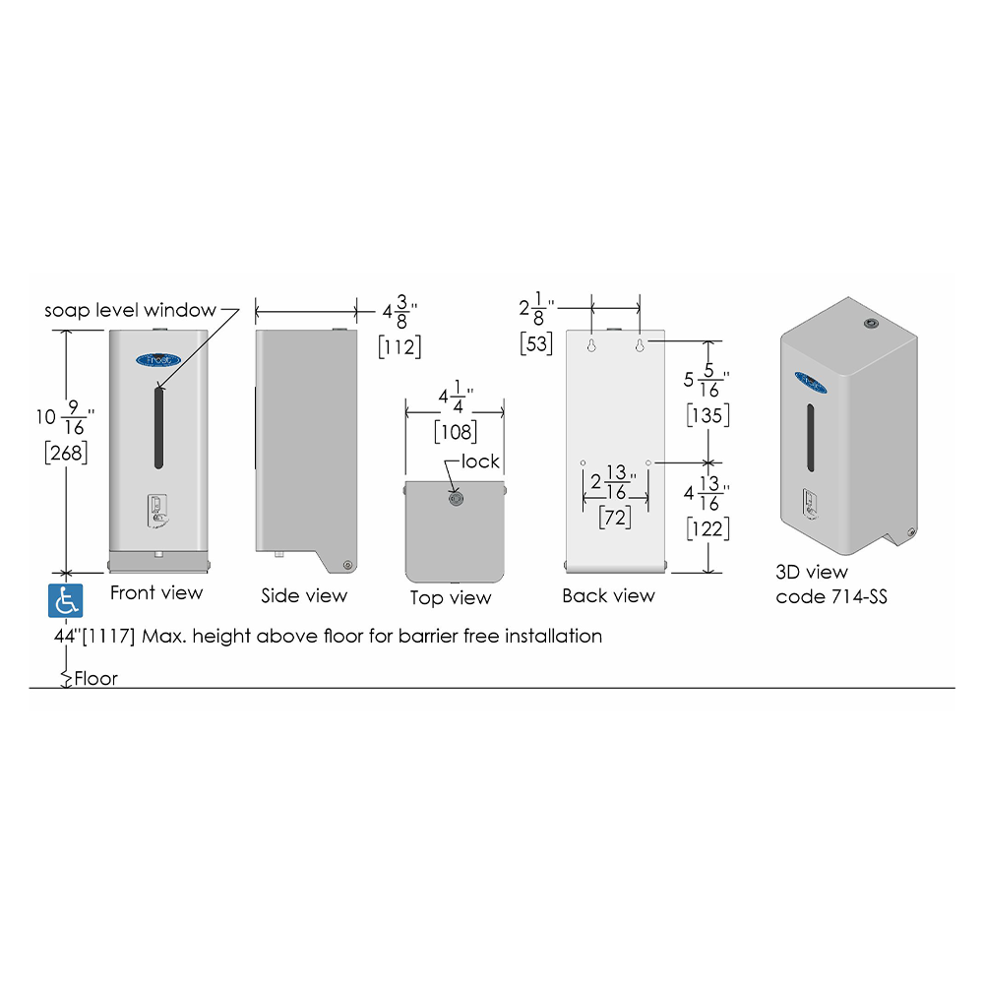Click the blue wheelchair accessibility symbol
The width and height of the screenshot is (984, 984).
pos(65,600)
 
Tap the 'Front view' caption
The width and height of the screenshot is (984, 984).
pos(156,592)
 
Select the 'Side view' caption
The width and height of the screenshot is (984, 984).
pos(304,595)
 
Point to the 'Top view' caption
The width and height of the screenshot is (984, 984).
pos(451,597)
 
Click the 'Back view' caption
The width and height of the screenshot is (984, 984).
pos(608,595)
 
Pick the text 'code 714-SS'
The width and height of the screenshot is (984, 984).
pos(830,596)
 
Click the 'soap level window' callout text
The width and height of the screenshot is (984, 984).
pos(130,310)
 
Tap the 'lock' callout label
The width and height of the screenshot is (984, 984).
pos(480,461)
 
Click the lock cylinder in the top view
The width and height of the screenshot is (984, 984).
pos(457,499)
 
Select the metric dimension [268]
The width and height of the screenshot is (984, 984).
pos(66,453)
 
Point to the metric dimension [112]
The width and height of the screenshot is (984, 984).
pos(400,346)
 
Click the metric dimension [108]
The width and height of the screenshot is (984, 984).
pos(455,432)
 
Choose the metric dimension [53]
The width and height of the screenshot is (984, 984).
pos(536,343)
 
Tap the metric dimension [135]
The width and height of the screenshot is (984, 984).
pos(707,415)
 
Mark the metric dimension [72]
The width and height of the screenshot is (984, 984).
pos(614,518)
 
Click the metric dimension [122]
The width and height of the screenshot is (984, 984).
pos(707,528)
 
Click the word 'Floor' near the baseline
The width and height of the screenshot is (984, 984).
pos(95,678)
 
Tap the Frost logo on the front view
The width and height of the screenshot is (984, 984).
pos(158,359)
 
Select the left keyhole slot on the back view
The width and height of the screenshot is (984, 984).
pos(591,344)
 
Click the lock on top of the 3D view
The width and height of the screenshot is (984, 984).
pos(872,323)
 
